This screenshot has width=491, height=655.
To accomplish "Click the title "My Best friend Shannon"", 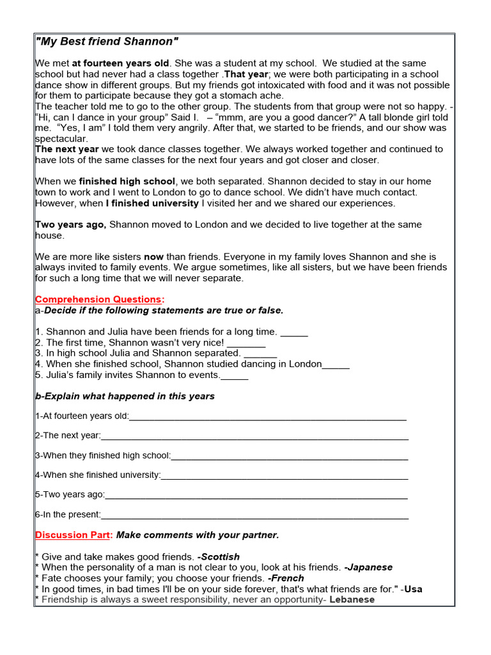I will tap(107, 42).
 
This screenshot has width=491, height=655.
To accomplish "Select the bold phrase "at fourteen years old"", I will tap(121, 63).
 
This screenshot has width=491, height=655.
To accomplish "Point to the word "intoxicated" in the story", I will tap(240, 85).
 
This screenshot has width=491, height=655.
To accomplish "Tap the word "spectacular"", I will tap(61, 138).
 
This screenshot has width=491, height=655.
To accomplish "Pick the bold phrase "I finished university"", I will tap(152, 203).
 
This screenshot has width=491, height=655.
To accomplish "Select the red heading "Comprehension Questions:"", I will tap(99, 299).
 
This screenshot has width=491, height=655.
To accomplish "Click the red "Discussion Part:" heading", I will tap(74, 535).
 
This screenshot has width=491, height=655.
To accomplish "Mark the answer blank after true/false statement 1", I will tap(294, 333).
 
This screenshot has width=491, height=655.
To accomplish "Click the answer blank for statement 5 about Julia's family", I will tap(234, 376).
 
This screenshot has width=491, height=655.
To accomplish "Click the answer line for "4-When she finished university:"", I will tap(284, 475).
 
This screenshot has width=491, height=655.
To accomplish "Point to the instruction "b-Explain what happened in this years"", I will tap(125, 396).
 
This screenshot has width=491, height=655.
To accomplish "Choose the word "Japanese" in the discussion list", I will tap(368, 567).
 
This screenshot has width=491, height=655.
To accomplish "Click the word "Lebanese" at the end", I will tap(352, 599).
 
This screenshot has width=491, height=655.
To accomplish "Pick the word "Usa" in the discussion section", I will tap(413, 589).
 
